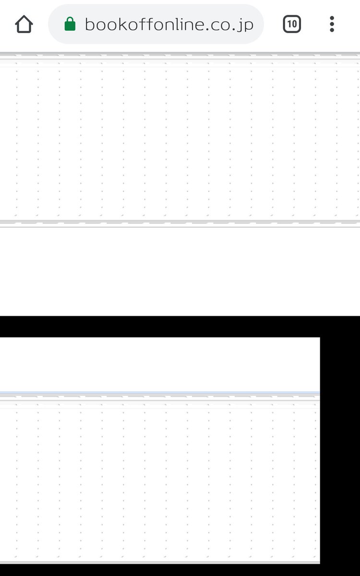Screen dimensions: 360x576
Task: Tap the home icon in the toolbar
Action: pos(24,24)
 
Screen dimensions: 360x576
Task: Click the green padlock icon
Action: pos(70,24)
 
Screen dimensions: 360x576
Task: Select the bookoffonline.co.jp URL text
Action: pos(168,24)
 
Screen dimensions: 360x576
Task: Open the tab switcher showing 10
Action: pos(292,24)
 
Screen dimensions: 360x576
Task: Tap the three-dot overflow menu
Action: pos(332,24)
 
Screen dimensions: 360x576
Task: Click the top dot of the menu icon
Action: pos(332,18)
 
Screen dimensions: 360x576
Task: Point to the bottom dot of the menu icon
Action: pos(332,30)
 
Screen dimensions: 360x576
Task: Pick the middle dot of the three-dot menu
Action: pos(332,24)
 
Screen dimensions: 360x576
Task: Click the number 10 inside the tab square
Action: pos(292,24)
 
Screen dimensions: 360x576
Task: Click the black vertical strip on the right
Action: pos(340,446)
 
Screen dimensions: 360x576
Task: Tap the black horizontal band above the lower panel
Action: pos(180,326)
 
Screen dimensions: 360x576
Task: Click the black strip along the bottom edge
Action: pos(180,570)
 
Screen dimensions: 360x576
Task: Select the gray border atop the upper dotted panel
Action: pos(180,54)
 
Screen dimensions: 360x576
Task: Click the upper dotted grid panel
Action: pos(180,139)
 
